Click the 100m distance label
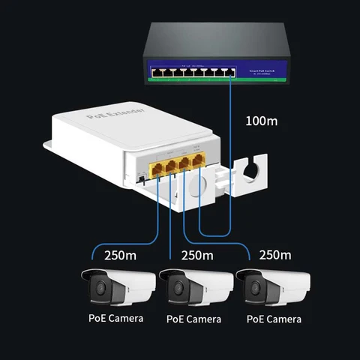click(x=263, y=121)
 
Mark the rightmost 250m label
click(x=274, y=254)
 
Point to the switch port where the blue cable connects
click(x=229, y=73)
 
